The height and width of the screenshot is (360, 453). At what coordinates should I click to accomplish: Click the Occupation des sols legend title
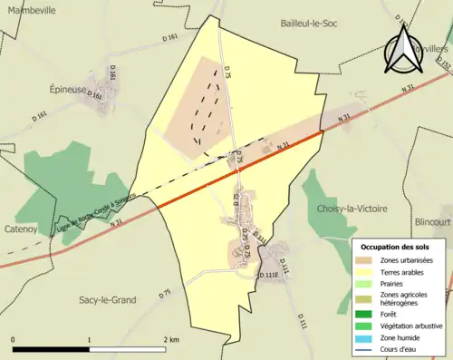(396, 247)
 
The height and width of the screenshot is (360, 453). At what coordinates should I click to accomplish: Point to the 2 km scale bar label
(170, 339)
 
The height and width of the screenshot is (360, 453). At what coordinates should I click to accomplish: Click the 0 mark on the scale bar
(14, 339)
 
